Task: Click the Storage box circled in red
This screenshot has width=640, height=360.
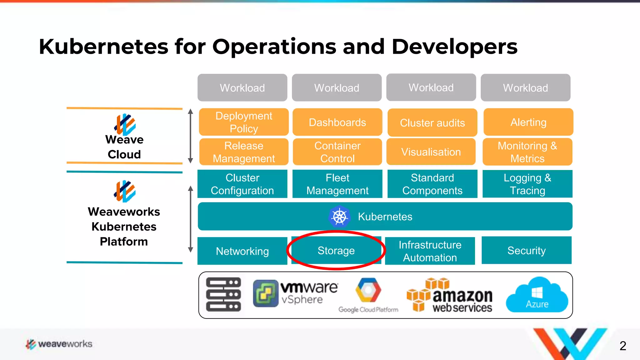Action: click(x=336, y=250)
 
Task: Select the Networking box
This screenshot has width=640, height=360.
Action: click(x=242, y=251)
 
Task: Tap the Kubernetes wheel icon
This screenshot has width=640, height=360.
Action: click(x=339, y=217)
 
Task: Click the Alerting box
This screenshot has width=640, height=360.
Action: click(x=528, y=122)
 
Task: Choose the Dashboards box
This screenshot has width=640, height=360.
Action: click(x=337, y=122)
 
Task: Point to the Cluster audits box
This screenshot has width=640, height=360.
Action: click(x=432, y=122)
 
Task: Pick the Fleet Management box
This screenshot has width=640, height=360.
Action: click(x=337, y=184)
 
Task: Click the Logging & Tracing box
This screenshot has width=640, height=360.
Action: click(x=527, y=184)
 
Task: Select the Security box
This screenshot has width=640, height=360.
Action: click(x=526, y=250)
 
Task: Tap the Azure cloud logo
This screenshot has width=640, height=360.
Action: click(x=537, y=295)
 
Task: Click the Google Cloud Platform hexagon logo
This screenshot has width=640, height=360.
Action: click(x=368, y=290)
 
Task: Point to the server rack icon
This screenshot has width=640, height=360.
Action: click(x=223, y=294)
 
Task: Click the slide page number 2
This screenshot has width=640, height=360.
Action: click(x=622, y=346)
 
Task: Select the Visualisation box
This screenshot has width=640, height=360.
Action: click(x=431, y=152)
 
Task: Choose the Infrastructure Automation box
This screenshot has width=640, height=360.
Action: click(x=430, y=251)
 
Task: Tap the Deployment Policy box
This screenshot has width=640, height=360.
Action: click(x=244, y=122)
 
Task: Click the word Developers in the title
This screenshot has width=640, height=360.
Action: click(x=454, y=47)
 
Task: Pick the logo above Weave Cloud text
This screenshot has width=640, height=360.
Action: click(x=125, y=124)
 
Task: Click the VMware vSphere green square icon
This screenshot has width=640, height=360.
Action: click(x=265, y=293)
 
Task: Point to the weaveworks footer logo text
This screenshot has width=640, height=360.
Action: click(x=65, y=344)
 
